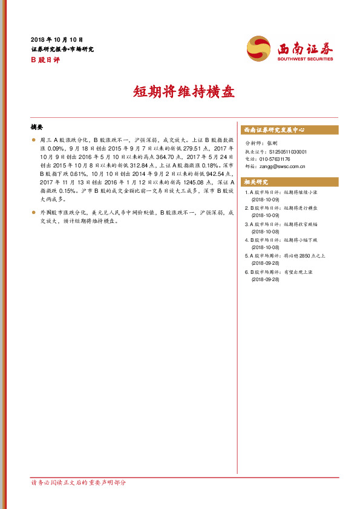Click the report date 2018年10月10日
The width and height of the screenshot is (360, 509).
point(56,39)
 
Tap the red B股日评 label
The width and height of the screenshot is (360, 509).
point(42,59)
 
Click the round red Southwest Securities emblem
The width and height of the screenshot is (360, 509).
point(260,48)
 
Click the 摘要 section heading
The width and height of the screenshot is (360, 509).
point(37,127)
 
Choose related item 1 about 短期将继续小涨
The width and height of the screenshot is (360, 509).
point(282,192)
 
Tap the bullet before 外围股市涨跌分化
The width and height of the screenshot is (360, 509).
point(33,213)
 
